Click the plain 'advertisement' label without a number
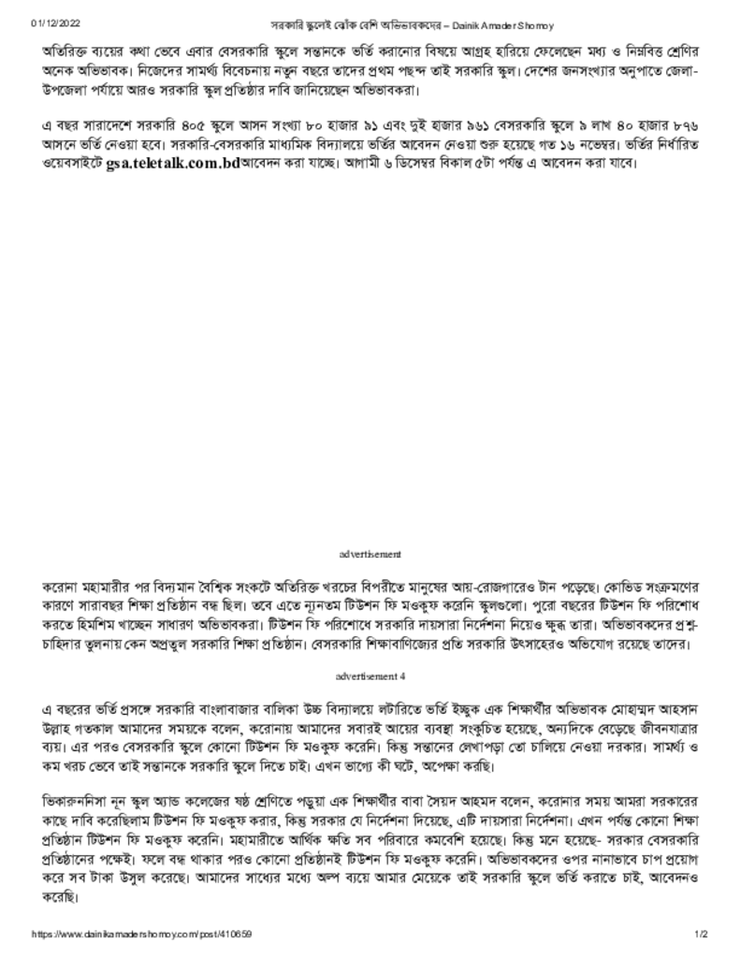coord(370,555)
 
